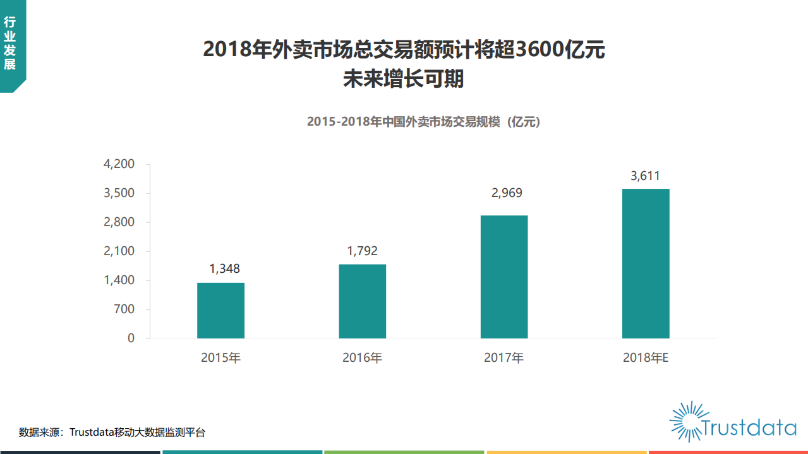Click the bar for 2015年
(x=220, y=310)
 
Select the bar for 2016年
(x=362, y=301)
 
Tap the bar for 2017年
(x=503, y=277)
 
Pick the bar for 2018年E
(x=645, y=263)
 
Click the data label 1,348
(x=225, y=269)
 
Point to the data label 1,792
(x=362, y=251)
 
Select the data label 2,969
(x=507, y=193)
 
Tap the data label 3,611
(x=645, y=176)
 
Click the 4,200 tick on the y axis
(x=119, y=164)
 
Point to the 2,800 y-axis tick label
(x=119, y=222)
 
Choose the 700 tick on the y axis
(x=124, y=309)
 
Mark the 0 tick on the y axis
(x=131, y=338)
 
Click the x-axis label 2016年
(x=362, y=358)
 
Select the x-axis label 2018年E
(x=645, y=358)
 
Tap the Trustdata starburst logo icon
(x=686, y=421)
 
